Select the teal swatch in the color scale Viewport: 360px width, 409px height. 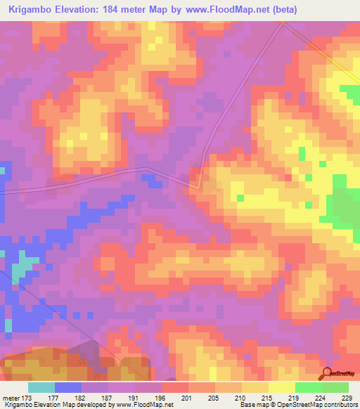(41, 387)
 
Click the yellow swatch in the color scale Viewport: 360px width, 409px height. (255, 387)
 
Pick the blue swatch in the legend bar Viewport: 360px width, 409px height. (68, 387)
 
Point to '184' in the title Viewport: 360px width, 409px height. (123, 10)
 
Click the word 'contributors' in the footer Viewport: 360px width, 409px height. (338, 404)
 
